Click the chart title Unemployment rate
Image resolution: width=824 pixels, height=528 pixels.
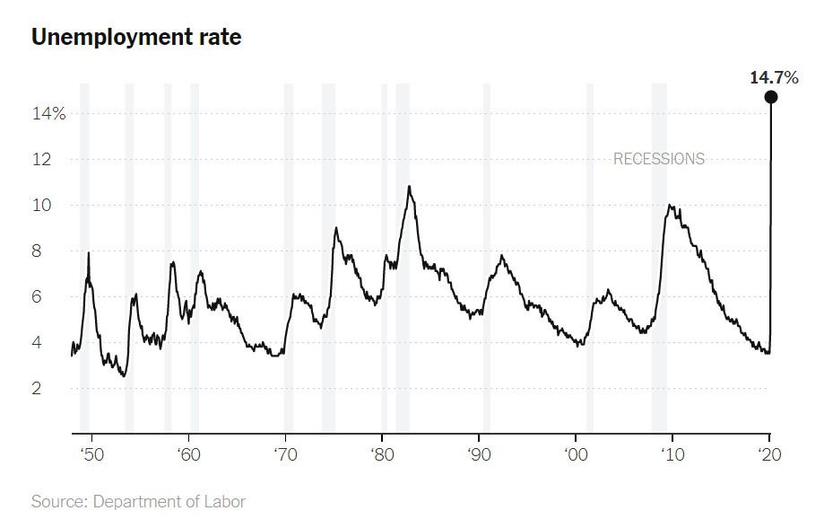(136, 38)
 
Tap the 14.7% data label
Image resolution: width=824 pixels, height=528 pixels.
(774, 78)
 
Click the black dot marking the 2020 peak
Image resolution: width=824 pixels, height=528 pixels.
(771, 97)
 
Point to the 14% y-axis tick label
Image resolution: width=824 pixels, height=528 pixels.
(50, 114)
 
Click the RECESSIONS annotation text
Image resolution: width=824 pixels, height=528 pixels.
(659, 159)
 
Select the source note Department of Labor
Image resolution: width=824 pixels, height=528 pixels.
(138, 501)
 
